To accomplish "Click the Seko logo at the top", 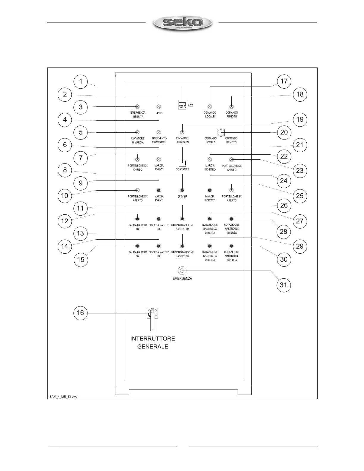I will tap(182, 23).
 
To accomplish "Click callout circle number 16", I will tap(80, 313).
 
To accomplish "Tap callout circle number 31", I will tap(283, 285).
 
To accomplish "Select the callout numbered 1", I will tap(80, 81).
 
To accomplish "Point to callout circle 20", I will tap(284, 132).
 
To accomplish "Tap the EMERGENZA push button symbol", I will tap(182, 271).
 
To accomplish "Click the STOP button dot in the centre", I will tap(182, 190).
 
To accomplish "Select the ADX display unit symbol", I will tap(182, 105).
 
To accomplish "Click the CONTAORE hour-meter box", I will tap(182, 163).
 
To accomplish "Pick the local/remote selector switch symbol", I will tap(221, 132).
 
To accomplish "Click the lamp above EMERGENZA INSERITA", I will tap(137, 107).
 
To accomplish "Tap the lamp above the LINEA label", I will tap(159, 107).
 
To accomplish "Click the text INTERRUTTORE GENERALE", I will tap(153, 343).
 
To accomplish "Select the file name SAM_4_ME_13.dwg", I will tap(63, 397).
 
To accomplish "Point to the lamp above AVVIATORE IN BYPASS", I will tap(182, 132).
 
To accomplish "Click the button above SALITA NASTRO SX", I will tap(137, 246).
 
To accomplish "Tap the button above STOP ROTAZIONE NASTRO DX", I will tap(182, 219).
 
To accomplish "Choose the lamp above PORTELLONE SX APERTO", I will tap(232, 190).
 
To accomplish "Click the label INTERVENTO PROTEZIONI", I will tap(159, 140).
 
